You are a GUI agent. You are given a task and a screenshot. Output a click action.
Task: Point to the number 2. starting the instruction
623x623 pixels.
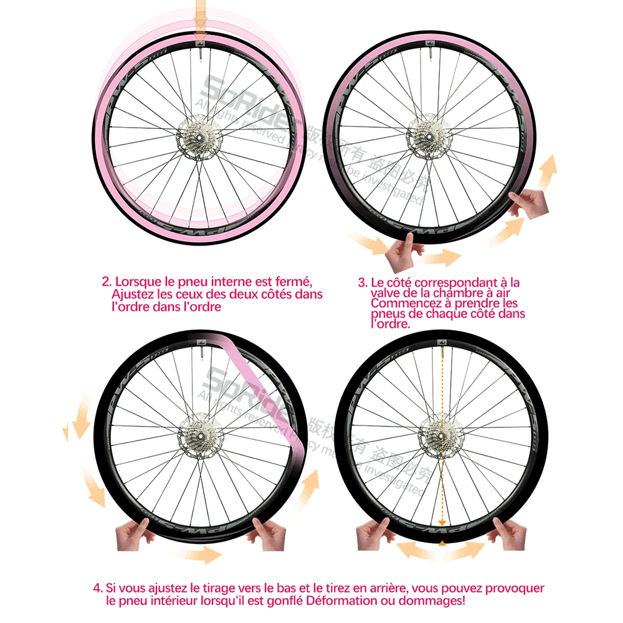pyautogui.click(x=107, y=282)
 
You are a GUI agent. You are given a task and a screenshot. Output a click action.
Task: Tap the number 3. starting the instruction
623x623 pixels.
pyautogui.click(x=363, y=282)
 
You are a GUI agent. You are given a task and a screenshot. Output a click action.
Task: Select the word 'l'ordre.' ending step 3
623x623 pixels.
pyautogui.click(x=391, y=324)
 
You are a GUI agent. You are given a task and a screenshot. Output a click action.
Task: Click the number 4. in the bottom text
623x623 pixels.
pyautogui.click(x=98, y=588)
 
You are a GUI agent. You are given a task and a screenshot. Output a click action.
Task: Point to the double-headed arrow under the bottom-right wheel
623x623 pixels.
pyautogui.click(x=441, y=551)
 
